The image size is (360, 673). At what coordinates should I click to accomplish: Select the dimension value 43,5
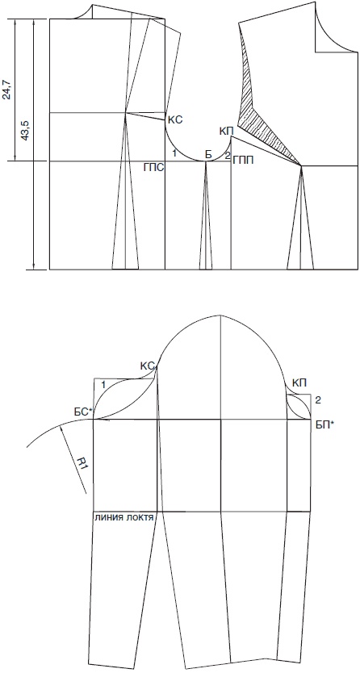tap(25, 131)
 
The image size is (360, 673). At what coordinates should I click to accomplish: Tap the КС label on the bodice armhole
tap(174, 120)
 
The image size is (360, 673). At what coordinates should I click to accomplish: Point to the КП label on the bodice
tap(226, 131)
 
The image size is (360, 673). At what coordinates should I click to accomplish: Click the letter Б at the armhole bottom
tap(208, 155)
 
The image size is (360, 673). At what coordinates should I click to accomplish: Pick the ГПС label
tap(153, 167)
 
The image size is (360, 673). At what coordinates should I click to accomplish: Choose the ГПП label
tap(243, 161)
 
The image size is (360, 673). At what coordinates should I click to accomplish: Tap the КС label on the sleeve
tap(147, 366)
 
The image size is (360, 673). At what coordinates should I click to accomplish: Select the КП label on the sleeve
tap(299, 382)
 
